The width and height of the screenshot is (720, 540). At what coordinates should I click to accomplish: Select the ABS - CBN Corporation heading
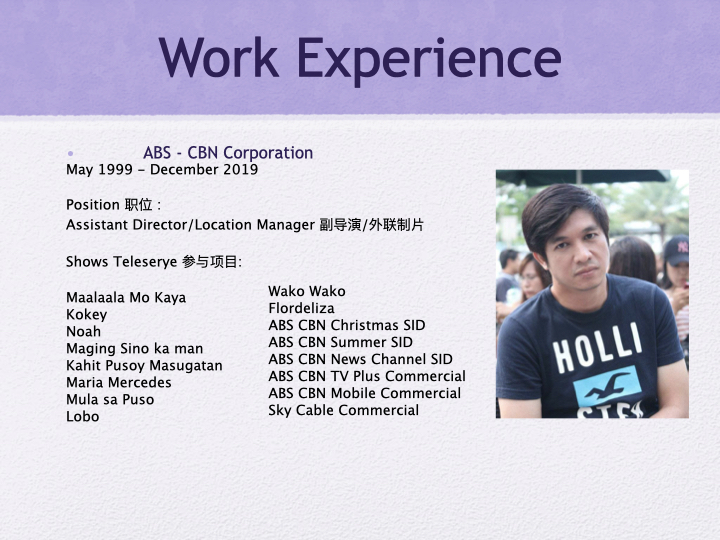228,153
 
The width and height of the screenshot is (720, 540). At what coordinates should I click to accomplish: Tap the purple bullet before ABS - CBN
71,153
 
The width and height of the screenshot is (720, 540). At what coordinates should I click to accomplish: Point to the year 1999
117,170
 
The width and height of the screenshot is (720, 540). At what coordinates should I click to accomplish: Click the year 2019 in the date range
239,170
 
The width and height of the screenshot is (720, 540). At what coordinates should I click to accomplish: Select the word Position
93,205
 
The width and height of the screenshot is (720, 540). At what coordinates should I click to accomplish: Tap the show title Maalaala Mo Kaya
126,298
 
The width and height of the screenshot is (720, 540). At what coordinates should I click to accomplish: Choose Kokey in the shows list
86,315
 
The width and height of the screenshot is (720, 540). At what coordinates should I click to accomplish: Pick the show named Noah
83,332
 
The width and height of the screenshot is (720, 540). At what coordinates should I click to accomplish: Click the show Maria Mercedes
119,383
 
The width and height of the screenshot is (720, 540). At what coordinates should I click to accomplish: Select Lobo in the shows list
83,417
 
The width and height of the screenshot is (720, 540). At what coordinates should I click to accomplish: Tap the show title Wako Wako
307,291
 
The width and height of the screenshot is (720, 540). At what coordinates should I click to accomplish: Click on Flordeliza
301,308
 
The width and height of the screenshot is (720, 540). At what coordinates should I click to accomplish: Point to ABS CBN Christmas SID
347,325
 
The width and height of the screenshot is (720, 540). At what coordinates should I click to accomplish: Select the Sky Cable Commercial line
344,410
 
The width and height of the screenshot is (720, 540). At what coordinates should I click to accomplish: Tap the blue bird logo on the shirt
607,385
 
